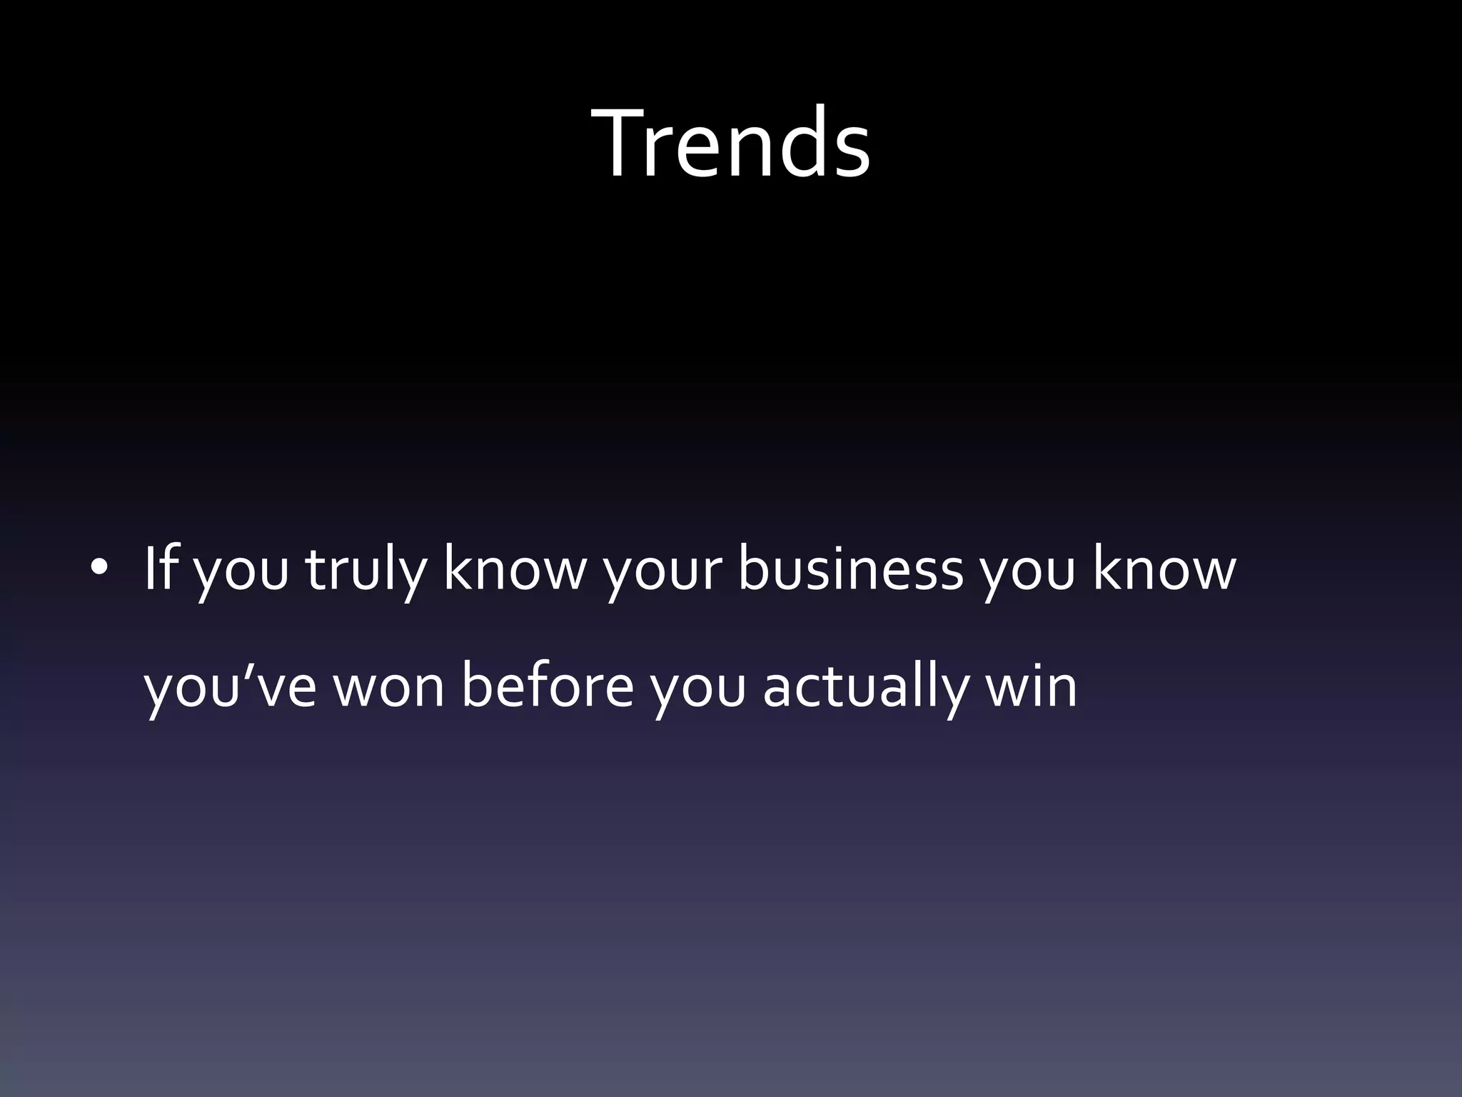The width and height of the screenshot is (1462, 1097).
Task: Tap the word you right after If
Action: click(x=240, y=575)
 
